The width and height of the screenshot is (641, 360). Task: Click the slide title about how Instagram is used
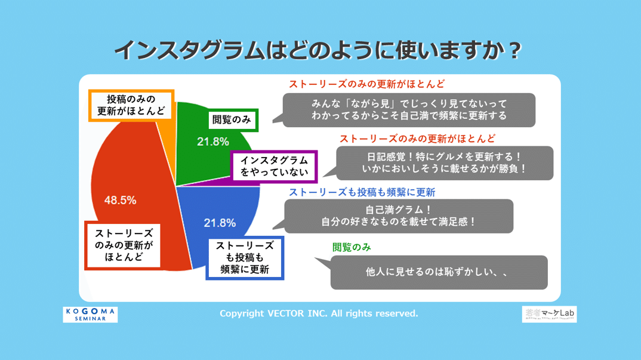318,50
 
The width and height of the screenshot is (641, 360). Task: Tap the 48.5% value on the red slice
120,201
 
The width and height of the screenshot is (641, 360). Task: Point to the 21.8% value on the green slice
213,141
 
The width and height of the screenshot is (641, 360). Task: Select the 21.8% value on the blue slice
220,223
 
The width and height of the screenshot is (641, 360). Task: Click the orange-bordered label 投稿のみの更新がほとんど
131,106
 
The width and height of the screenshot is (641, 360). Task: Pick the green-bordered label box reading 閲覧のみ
232,120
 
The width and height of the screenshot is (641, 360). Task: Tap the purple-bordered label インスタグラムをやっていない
274,167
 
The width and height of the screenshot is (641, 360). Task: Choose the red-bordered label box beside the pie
124,245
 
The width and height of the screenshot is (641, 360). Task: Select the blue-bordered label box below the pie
245,258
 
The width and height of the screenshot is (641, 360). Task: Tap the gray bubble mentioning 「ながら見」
409,110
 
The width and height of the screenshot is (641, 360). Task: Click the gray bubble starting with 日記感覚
445,163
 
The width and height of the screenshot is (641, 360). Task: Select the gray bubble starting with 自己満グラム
398,216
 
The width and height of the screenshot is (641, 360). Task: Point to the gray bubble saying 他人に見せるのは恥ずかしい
439,272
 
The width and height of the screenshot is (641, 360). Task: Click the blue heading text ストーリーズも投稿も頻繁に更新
362,192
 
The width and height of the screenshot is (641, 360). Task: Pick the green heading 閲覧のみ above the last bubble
352,247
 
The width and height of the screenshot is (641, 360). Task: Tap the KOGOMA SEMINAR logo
90,315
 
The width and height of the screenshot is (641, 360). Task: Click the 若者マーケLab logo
549,314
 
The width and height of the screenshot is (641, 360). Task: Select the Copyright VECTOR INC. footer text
319,313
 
